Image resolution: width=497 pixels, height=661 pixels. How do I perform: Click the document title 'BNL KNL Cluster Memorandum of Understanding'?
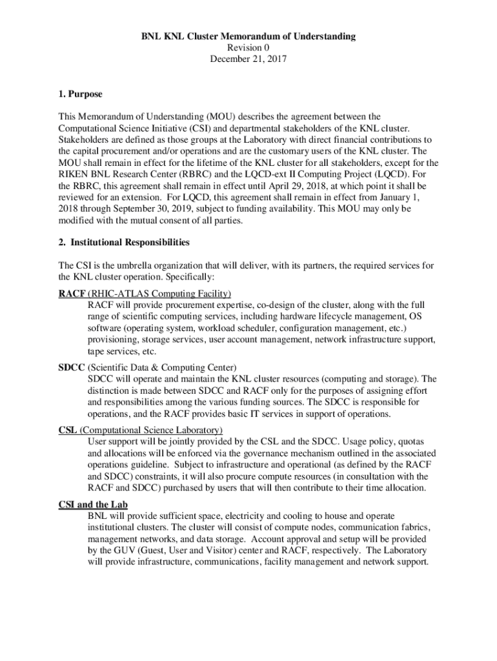click(x=248, y=37)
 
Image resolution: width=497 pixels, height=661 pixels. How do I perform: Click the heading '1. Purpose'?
click(x=80, y=94)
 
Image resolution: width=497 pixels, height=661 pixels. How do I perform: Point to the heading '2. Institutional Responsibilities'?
click(x=124, y=242)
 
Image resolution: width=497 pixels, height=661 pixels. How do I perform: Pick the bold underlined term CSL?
click(x=68, y=430)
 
